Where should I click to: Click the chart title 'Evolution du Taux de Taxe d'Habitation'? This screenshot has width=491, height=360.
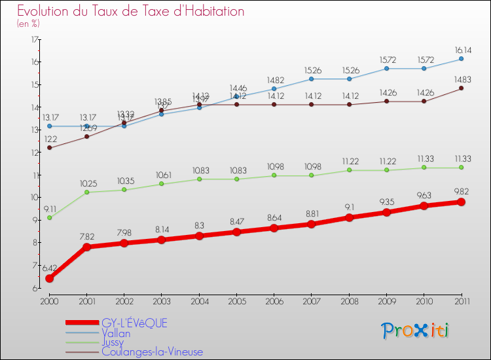point(131,11)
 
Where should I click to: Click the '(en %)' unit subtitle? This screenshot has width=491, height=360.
point(28,24)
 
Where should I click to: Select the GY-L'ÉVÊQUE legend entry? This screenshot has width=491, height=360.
point(134,323)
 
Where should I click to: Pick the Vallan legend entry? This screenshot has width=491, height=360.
point(116,333)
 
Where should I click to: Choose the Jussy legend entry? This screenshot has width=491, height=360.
point(115,342)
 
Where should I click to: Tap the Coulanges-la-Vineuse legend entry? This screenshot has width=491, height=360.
point(152,351)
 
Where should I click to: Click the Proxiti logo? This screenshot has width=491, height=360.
point(416,330)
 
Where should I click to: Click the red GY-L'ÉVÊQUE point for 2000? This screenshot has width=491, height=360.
point(49,278)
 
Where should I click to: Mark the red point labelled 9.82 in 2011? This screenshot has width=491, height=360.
point(461,202)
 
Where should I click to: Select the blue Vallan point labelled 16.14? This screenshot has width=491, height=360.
point(461,59)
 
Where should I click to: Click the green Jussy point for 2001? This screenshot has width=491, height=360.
point(86,192)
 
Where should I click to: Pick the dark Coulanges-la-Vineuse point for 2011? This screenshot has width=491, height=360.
point(461,88)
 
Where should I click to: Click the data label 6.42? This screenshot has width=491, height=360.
point(50,268)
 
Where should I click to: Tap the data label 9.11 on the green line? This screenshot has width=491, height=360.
point(50,209)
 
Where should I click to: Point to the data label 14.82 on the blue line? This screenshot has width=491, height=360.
point(275,80)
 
